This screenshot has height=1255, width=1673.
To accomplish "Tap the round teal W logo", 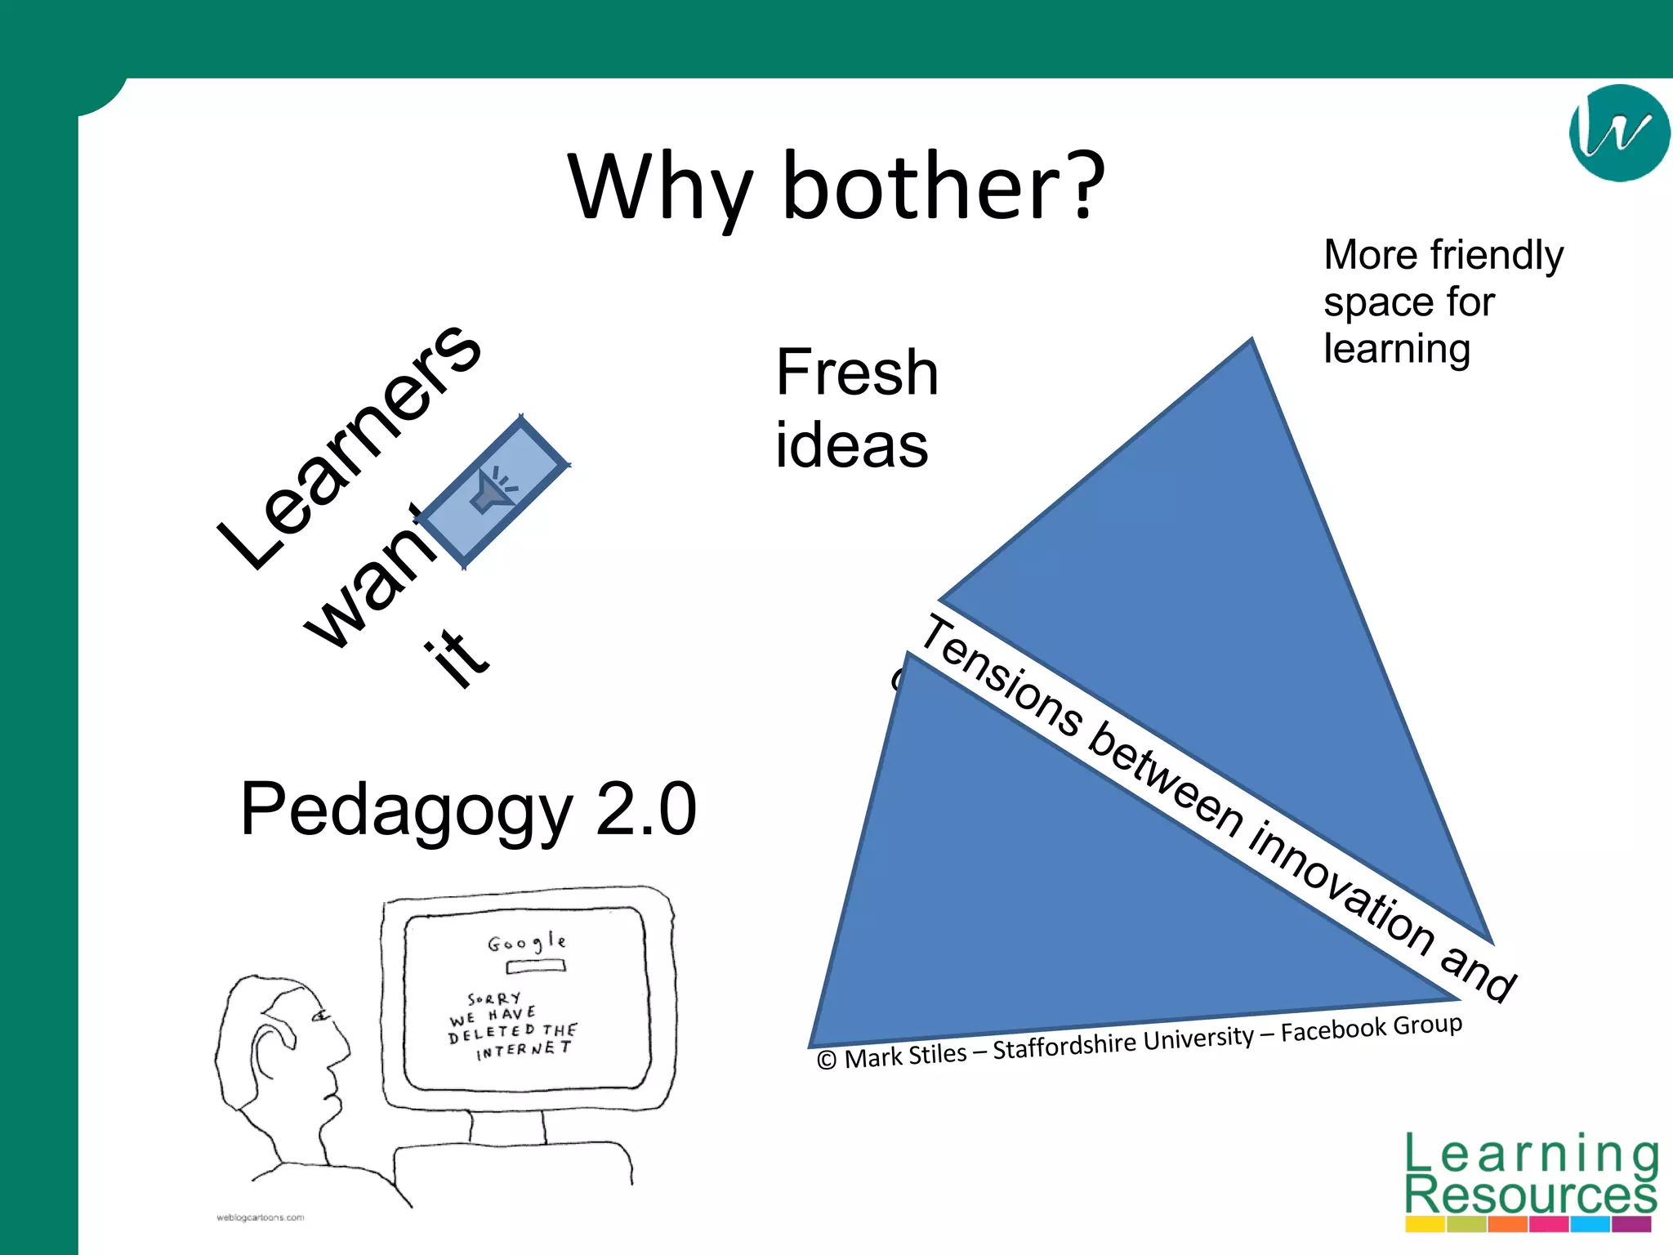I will tap(1618, 132).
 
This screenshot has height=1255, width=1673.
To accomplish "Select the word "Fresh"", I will tap(856, 373).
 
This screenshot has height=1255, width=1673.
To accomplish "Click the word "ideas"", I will tap(851, 446).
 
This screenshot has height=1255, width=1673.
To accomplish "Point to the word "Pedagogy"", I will tap(407, 811).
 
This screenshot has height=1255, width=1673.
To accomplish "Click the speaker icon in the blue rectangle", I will tap(493, 490).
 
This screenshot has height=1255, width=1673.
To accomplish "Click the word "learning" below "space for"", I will tap(1397, 350).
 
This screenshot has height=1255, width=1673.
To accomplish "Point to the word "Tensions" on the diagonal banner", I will tap(1003, 677).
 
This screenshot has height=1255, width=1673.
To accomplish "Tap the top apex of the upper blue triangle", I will tap(1251, 341).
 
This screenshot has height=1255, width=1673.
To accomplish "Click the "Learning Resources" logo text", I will tap(1530, 1177).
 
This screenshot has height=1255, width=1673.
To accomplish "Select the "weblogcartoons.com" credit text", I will tap(260, 1217).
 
